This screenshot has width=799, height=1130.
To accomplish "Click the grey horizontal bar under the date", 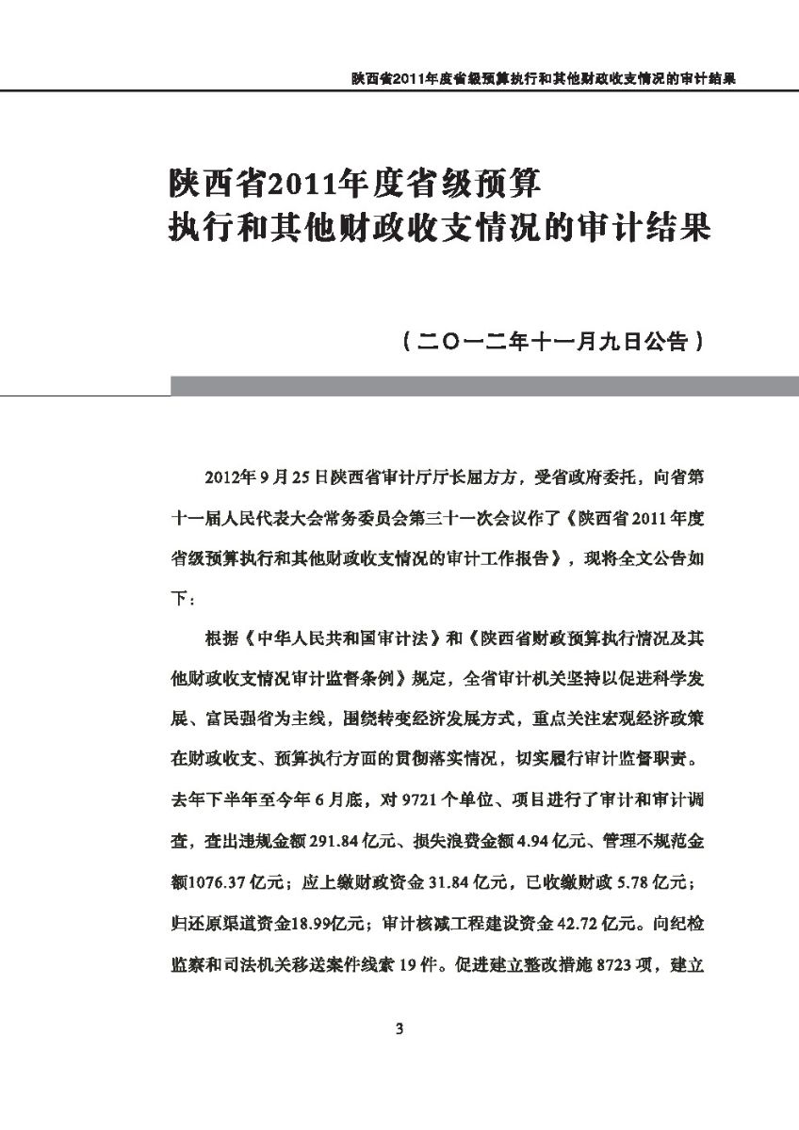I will tap(483, 385).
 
